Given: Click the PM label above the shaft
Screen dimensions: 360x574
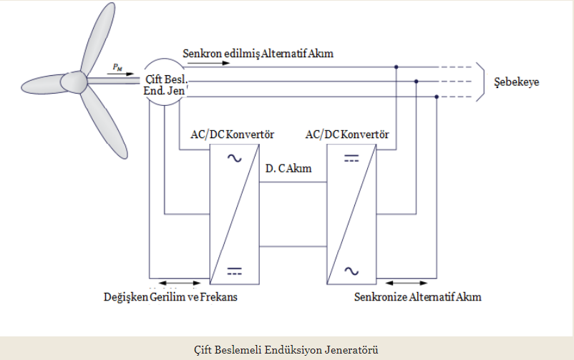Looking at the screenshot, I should tap(117, 67).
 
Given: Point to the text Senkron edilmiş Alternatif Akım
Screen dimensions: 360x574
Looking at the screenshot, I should tap(258, 54).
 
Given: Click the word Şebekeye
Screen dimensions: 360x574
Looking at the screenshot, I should tap(517, 82).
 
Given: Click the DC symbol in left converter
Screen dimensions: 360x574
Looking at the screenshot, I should tap(234, 270).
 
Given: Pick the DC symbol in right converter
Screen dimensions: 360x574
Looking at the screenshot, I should tap(351, 159).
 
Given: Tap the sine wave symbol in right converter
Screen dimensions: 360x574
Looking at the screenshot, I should tap(351, 270).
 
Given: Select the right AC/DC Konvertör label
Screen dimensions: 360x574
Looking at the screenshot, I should tap(347, 134).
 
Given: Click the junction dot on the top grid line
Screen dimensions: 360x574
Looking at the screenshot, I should tap(396, 67).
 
